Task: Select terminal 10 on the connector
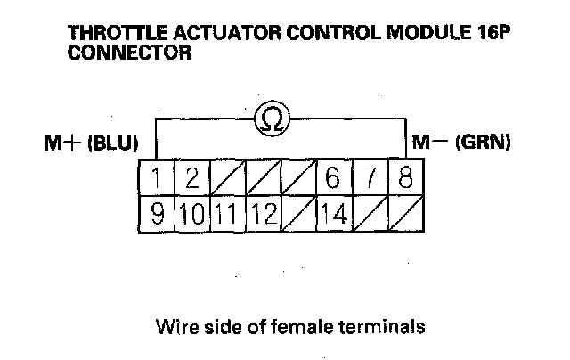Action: pos(191,214)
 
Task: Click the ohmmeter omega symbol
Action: pos(271,119)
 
